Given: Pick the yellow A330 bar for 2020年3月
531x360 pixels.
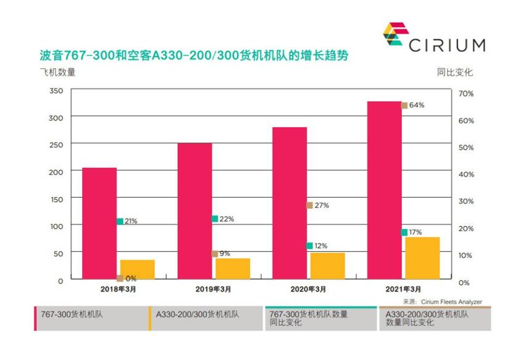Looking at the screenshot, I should point(328,266).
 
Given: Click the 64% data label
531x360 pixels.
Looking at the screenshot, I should point(417,105).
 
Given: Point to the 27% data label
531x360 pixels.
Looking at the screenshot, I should point(322,206).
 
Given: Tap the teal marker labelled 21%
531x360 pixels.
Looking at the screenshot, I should point(120,221).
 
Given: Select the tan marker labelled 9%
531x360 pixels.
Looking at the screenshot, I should point(215,254).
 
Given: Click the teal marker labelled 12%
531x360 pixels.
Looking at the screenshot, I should point(309,246).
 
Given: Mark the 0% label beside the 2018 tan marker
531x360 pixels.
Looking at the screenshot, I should point(130,278).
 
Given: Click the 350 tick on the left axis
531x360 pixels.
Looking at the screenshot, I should point(56,91).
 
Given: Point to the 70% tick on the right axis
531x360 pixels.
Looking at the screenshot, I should point(465,94).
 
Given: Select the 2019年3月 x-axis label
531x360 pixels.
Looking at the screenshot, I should point(214,289).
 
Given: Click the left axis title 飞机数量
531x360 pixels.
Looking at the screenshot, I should point(58,72).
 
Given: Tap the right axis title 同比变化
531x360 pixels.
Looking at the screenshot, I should point(454,72).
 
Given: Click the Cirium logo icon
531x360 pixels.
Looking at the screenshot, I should point(394,36).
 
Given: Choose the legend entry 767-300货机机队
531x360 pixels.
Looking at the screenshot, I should point(71,314).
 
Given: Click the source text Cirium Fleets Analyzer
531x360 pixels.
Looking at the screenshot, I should point(451,302).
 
